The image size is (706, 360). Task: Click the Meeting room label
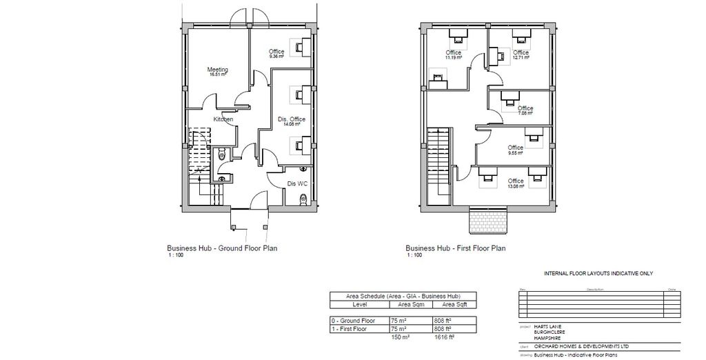(x=218, y=70)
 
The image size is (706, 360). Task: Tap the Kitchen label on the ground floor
(x=223, y=119)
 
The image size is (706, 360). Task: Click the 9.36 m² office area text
(x=276, y=57)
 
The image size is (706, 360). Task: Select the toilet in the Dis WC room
(x=303, y=199)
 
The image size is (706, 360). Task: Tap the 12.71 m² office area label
(x=521, y=57)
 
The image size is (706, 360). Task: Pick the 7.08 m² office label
(x=525, y=113)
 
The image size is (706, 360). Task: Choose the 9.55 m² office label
(x=515, y=152)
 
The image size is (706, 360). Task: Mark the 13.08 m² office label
(x=515, y=186)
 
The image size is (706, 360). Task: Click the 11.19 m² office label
(x=453, y=58)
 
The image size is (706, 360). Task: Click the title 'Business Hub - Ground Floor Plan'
(x=221, y=248)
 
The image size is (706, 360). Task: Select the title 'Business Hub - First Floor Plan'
(x=455, y=248)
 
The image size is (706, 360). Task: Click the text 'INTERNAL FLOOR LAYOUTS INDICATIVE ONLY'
(x=598, y=274)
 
